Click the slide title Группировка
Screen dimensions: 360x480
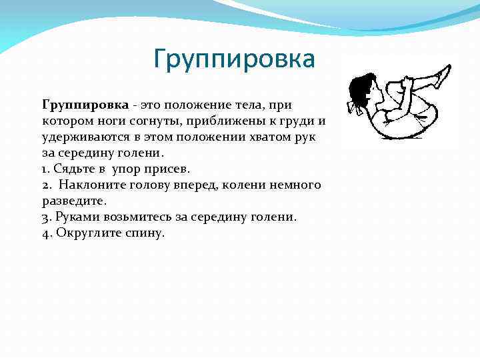(x=233, y=59)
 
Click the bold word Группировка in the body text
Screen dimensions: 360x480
(x=85, y=105)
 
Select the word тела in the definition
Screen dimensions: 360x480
(x=250, y=105)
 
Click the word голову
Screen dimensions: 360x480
(x=156, y=185)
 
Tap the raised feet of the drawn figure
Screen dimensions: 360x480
(x=441, y=75)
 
